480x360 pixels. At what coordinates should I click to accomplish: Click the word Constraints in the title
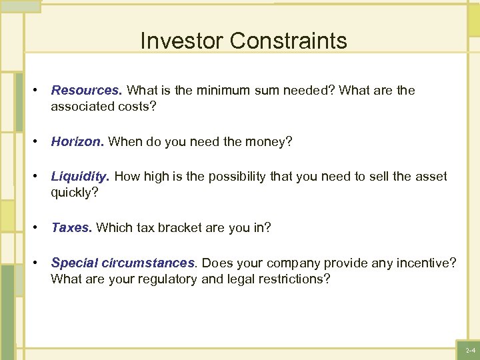tap(289, 41)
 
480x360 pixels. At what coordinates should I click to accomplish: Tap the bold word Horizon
tap(78, 141)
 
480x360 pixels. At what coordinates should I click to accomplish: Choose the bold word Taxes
tap(72, 227)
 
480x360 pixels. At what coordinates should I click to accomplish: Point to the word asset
tap(430, 177)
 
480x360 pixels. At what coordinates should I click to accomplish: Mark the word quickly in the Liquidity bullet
tap(73, 193)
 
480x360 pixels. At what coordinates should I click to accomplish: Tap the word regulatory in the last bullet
tap(167, 279)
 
